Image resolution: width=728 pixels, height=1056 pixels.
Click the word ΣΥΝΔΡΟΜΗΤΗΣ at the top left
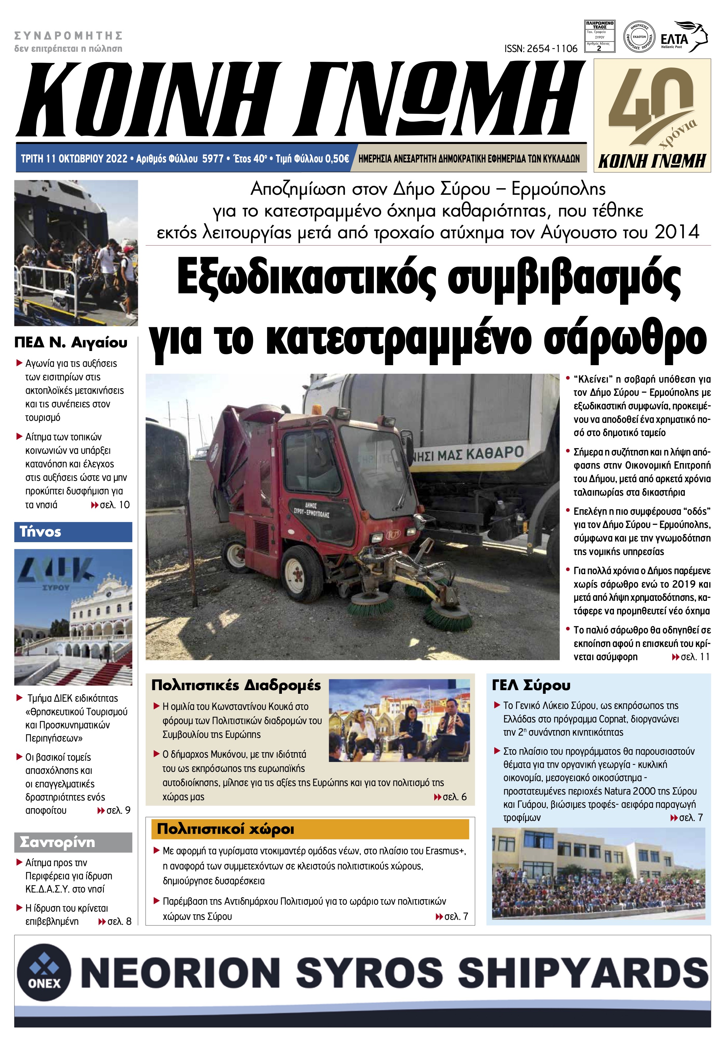pyautogui.click(x=69, y=36)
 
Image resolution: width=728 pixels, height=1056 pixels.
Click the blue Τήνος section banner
pyautogui.click(x=73, y=532)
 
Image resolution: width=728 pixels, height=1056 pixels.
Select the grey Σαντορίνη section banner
pyautogui.click(x=73, y=842)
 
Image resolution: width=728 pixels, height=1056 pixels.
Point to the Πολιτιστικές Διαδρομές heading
pyautogui.click(x=236, y=685)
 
